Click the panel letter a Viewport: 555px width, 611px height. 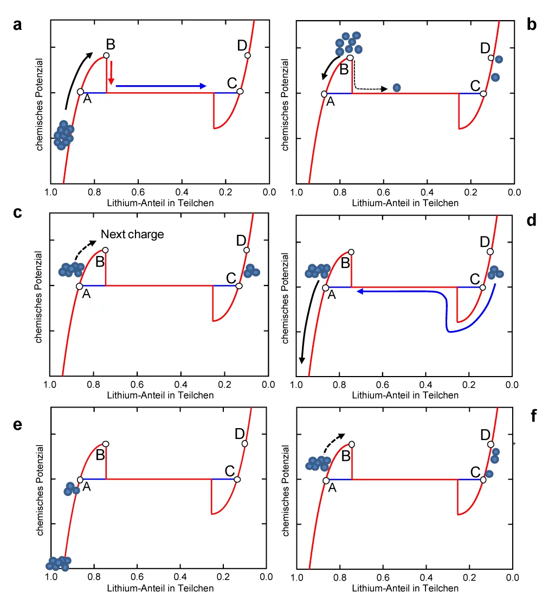click(x=18, y=25)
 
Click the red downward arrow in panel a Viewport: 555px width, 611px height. click(x=111, y=73)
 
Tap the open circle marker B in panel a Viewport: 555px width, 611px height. click(x=106, y=55)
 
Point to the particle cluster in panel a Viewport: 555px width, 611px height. click(x=63, y=135)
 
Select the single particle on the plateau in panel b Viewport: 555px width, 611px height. click(x=397, y=87)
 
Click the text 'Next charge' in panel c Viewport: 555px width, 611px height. click(x=132, y=234)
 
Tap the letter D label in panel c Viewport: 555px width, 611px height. click(x=241, y=240)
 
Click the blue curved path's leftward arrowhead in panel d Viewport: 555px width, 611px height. click(x=359, y=291)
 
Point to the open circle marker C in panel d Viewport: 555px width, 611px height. click(x=482, y=287)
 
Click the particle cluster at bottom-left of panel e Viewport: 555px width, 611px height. click(x=58, y=564)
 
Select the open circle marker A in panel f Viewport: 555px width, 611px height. click(x=326, y=481)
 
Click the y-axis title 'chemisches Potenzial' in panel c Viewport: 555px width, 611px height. click(x=39, y=296)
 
